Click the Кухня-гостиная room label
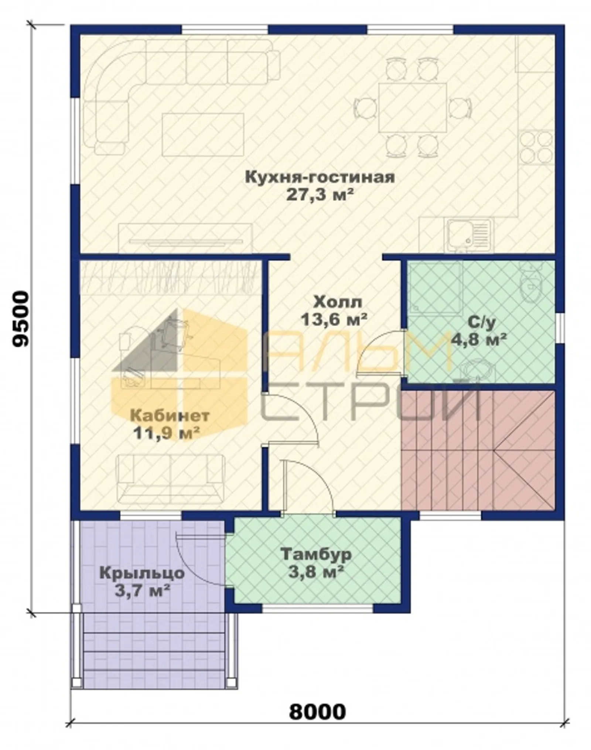click(320, 177)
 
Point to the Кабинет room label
click(170, 416)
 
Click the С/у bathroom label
click(481, 322)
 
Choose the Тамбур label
click(316, 554)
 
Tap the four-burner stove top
click(537, 147)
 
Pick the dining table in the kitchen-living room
click(413, 107)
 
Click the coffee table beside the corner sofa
click(203, 134)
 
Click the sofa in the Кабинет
click(170, 479)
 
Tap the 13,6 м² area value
click(334, 319)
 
